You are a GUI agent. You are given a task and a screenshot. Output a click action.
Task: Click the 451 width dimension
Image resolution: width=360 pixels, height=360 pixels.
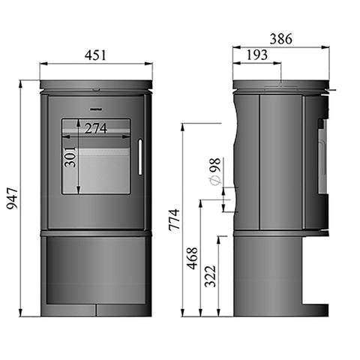coord(95,54)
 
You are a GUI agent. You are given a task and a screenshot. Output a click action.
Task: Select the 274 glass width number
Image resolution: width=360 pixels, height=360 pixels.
coord(96,127)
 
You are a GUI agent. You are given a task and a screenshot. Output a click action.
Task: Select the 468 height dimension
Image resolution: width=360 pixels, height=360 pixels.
coord(193,257)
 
